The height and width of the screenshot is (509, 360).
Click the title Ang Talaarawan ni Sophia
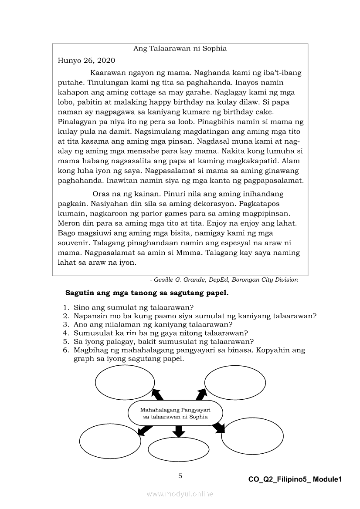tap(180, 49)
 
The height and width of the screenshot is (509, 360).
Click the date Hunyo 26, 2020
tap(86, 61)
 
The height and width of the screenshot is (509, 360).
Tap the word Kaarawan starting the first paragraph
tap(107, 73)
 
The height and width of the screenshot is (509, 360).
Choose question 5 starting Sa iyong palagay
tap(163, 341)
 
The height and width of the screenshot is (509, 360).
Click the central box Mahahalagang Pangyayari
tap(175, 413)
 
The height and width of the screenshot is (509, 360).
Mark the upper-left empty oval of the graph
tap(125, 383)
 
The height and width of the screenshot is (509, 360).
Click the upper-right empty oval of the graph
tap(235, 382)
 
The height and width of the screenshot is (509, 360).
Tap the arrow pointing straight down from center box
tap(178, 431)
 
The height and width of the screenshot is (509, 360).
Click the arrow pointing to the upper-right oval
tap(201, 394)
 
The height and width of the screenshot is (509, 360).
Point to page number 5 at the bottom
tap(180, 476)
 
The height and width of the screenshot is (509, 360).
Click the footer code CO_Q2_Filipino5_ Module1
tap(295, 479)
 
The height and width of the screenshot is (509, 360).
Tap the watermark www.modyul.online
tap(180, 494)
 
